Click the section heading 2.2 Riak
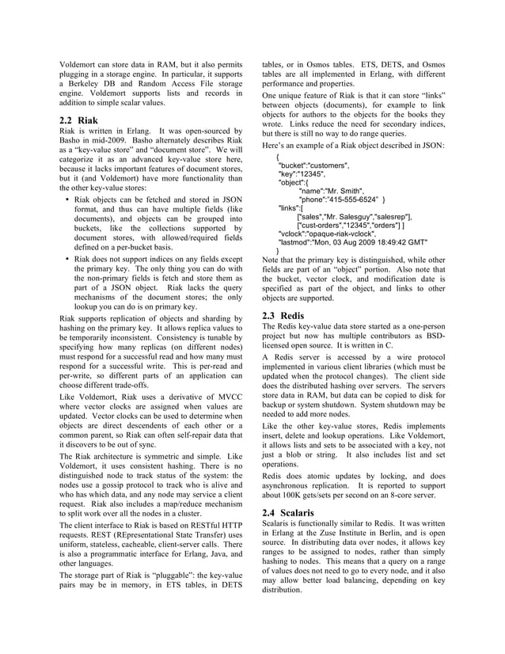point(79,120)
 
